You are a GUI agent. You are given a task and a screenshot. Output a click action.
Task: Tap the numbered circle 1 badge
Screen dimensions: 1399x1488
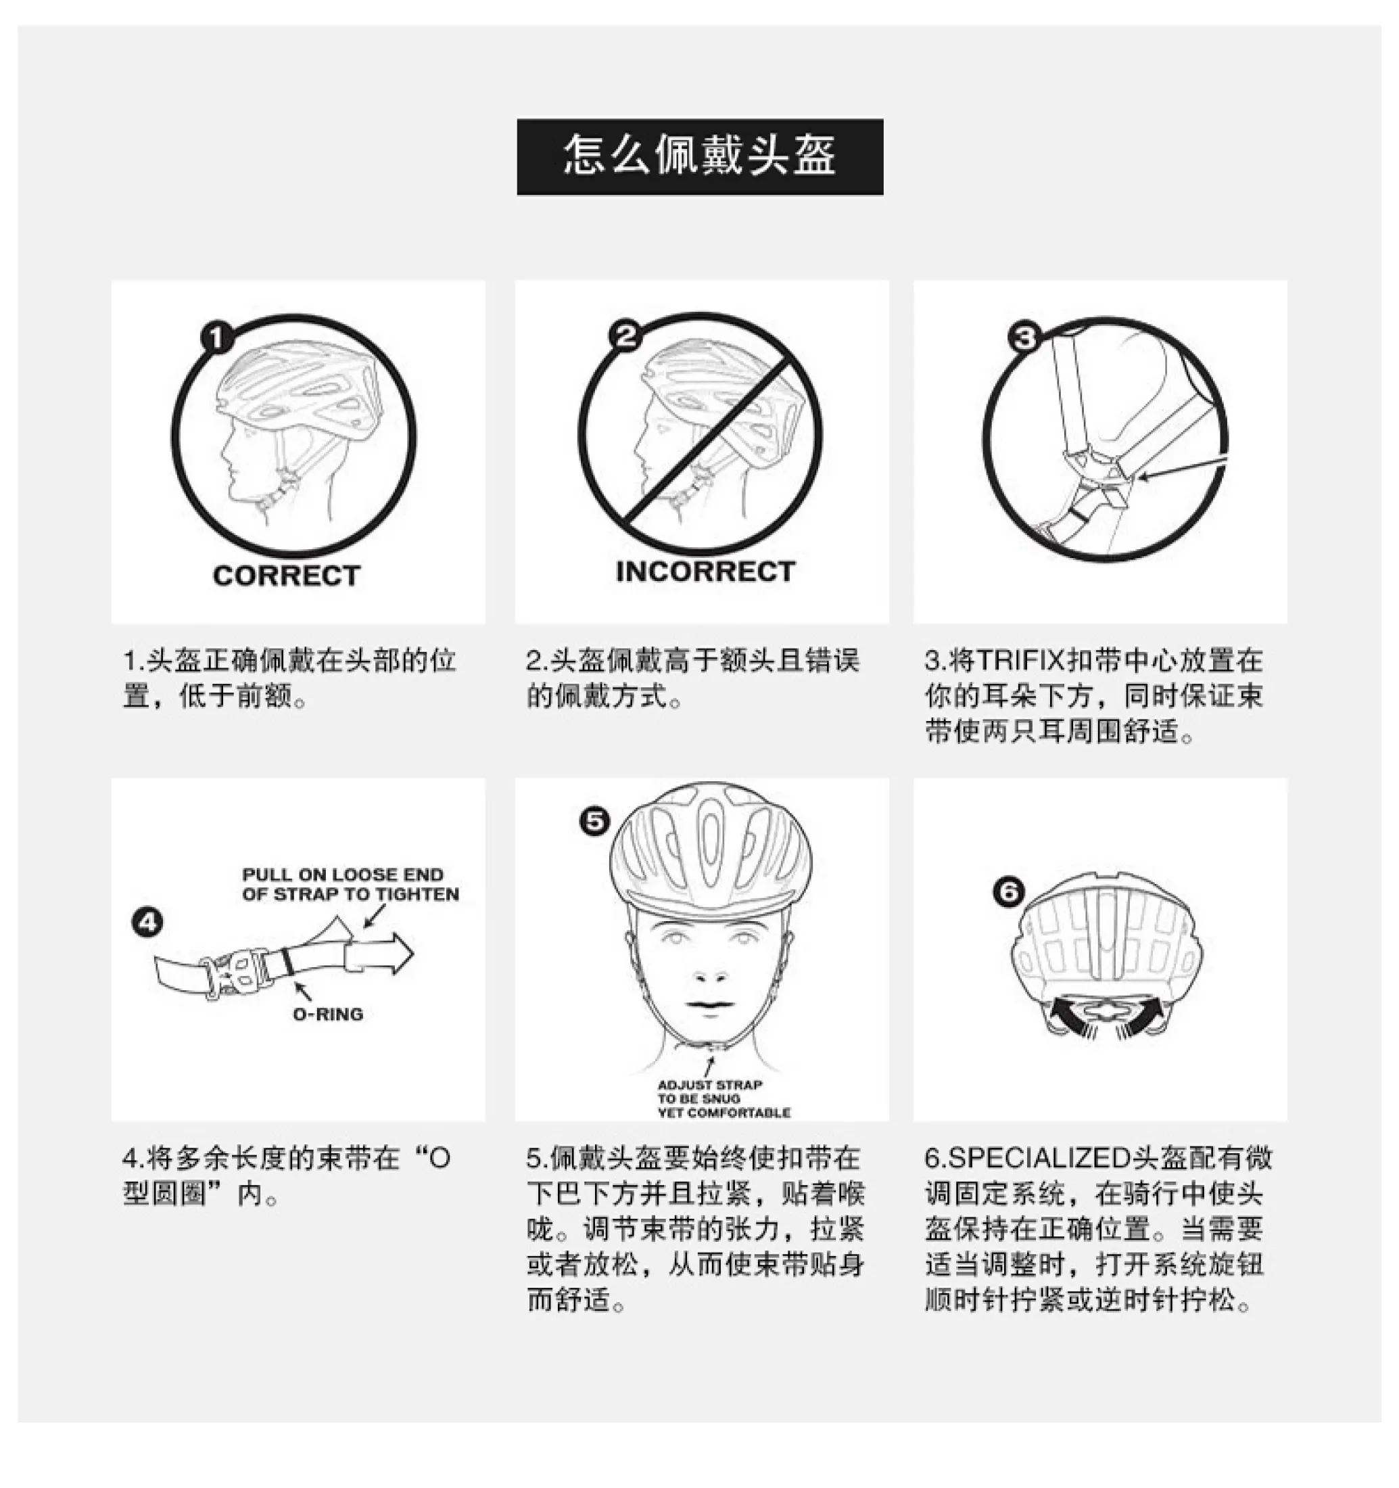[217, 337]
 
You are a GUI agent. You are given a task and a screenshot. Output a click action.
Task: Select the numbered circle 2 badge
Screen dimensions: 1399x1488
[625, 335]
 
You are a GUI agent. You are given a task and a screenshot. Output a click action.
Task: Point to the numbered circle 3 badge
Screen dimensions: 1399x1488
[1025, 337]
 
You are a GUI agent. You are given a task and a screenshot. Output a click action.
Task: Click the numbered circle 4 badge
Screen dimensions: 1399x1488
[147, 922]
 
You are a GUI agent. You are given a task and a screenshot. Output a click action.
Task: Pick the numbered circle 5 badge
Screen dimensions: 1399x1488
[595, 821]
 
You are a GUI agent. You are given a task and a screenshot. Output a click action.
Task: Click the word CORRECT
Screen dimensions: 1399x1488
[287, 576]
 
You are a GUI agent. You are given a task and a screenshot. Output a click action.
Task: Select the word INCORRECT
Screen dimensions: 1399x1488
[705, 571]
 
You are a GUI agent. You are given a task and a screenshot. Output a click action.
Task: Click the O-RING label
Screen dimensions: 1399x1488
[328, 1014]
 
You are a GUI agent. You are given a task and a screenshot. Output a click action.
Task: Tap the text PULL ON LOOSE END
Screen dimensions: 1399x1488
[343, 875]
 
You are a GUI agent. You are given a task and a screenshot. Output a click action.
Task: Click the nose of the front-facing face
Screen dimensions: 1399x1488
[709, 971]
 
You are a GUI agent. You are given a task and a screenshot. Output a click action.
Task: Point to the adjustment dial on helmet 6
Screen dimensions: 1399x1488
[1106, 1010]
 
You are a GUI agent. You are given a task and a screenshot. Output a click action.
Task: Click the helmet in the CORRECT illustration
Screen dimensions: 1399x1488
[300, 389]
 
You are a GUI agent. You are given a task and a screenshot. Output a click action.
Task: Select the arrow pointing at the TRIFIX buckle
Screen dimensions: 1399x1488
[1182, 468]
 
